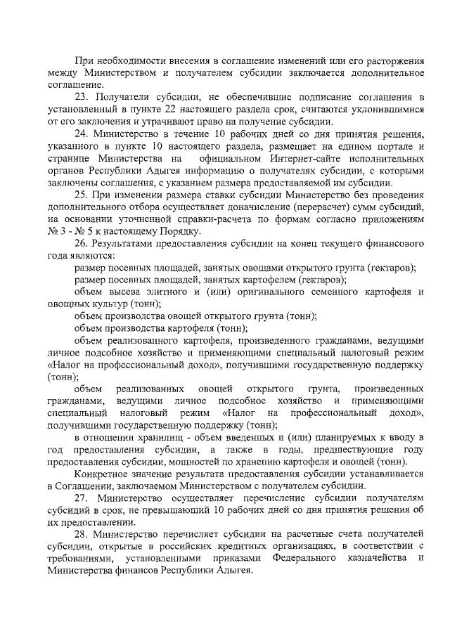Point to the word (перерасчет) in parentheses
[326, 209]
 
